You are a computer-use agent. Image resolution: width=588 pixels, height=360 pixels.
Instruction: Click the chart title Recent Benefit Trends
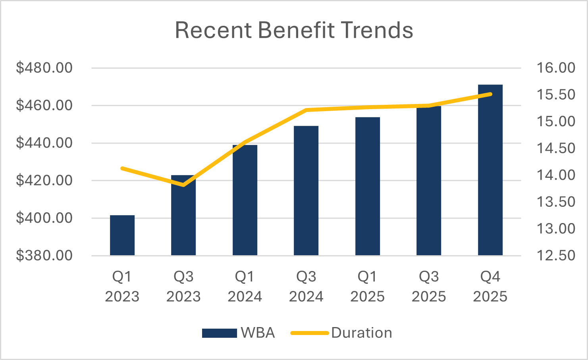[x=294, y=30]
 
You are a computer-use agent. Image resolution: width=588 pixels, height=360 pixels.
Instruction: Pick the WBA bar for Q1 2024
[x=245, y=200]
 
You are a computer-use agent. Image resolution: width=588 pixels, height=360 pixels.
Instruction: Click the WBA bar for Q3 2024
[x=306, y=191]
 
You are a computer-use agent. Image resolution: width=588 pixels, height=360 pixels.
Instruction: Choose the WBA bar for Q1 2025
[x=368, y=186]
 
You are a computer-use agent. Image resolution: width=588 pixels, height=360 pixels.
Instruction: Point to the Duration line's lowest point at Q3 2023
[x=183, y=185]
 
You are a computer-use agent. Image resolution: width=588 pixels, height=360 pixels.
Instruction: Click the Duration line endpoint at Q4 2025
[x=491, y=94]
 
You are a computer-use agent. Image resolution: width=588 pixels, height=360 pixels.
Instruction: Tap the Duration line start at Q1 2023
[x=122, y=168]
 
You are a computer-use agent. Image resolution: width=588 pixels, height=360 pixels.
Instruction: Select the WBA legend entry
[x=238, y=333]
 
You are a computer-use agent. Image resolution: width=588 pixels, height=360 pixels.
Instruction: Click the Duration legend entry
[x=341, y=333]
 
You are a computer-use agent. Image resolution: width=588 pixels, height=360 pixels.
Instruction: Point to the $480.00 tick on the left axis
[x=44, y=68]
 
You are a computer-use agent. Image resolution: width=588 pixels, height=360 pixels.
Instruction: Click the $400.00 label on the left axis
[x=44, y=218]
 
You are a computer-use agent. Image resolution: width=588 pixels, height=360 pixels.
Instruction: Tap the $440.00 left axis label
[x=44, y=143]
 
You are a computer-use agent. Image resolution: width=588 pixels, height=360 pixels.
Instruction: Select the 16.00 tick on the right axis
[x=556, y=68]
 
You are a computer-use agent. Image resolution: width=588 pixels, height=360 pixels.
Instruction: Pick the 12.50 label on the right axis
[x=556, y=255]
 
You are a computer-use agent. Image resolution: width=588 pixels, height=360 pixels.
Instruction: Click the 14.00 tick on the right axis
[x=556, y=175]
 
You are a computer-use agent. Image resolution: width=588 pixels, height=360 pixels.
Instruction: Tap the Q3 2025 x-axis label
[x=429, y=287]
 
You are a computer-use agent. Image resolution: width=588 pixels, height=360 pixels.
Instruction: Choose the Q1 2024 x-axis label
[x=245, y=287]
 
